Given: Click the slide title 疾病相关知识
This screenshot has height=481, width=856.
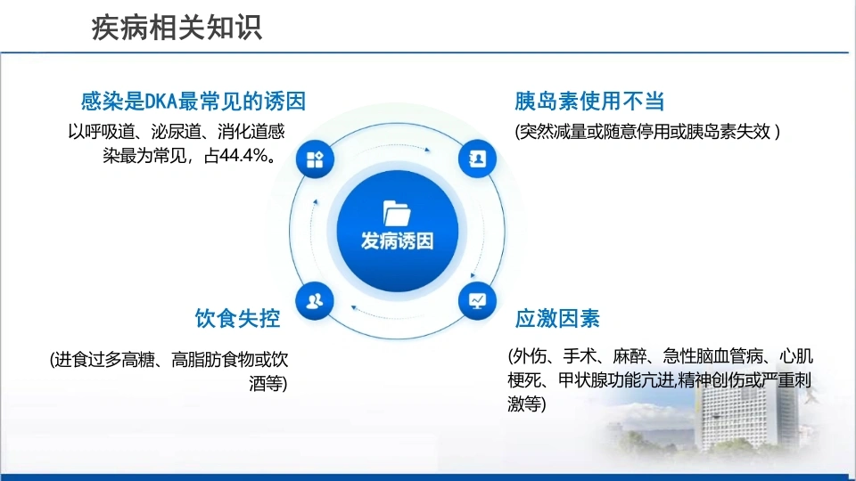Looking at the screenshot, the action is pyautogui.click(x=177, y=28).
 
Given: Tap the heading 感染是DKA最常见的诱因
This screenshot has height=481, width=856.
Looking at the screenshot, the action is pyautogui.click(x=193, y=102).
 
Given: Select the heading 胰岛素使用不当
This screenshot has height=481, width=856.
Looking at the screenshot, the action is pyautogui.click(x=589, y=102).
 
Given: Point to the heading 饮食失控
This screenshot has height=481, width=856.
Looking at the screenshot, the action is pyautogui.click(x=237, y=319).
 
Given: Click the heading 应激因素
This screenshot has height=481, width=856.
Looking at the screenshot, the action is pyautogui.click(x=557, y=319).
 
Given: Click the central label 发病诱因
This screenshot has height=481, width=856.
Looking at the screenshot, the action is pyautogui.click(x=397, y=240).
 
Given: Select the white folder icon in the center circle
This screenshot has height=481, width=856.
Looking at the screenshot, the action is pyautogui.click(x=397, y=213).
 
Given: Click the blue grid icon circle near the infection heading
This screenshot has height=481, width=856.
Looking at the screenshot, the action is pyautogui.click(x=315, y=159).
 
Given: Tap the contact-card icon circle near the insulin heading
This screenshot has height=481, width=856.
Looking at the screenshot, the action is pyautogui.click(x=477, y=159).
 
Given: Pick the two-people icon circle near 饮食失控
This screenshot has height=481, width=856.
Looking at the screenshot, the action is pyautogui.click(x=315, y=301).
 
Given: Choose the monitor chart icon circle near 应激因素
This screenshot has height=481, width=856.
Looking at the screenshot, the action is pyautogui.click(x=477, y=300).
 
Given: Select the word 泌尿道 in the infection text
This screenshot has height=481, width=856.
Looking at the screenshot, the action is pyautogui.click(x=176, y=132).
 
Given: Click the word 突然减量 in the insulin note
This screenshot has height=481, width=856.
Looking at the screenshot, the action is pyautogui.click(x=553, y=132).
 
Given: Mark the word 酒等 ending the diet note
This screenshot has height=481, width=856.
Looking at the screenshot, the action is pyautogui.click(x=266, y=384).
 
